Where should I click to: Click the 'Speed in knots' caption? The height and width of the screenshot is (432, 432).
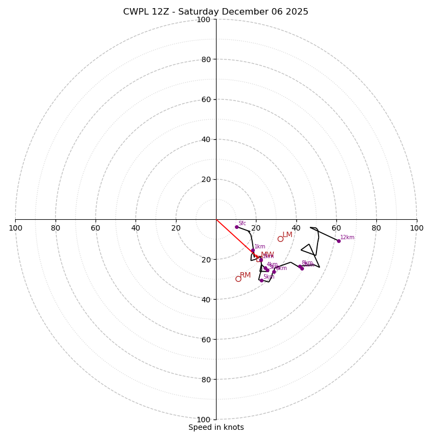click(216, 427)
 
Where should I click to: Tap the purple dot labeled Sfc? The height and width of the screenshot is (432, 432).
click(237, 227)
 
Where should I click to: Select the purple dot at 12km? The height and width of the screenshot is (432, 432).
click(339, 241)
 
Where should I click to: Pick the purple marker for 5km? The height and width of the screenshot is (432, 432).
click(261, 280)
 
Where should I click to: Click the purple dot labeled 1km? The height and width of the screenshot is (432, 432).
click(252, 250)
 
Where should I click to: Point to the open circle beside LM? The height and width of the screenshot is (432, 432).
click(280, 239)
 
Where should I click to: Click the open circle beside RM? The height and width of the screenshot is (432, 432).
click(238, 279)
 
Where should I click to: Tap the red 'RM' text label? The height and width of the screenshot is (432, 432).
click(245, 275)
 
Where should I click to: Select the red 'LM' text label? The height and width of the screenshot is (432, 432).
click(287, 235)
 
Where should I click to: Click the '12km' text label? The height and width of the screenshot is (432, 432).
click(347, 237)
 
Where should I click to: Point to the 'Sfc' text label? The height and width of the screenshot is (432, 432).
click(242, 223)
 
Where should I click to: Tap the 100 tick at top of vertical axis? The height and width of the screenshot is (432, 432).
click(203, 19)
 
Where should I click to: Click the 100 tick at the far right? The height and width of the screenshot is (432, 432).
click(416, 228)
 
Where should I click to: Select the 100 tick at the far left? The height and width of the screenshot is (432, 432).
click(15, 228)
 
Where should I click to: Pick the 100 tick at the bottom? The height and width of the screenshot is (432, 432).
click(203, 420)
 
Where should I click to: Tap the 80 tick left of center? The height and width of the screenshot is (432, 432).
click(56, 228)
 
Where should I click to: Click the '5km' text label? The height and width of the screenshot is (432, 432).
click(269, 276)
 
